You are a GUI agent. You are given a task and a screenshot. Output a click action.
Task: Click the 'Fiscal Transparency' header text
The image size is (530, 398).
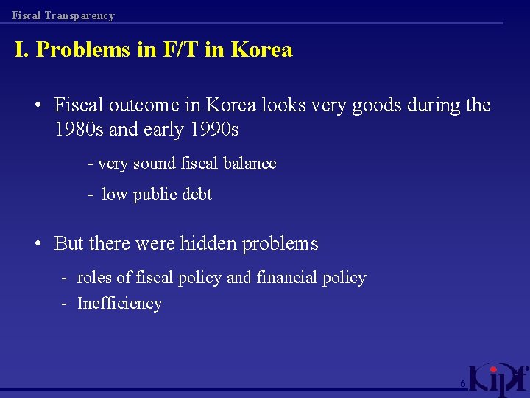pyautogui.click(x=63, y=15)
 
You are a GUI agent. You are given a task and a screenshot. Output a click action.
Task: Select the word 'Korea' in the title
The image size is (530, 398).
pyautogui.click(x=261, y=50)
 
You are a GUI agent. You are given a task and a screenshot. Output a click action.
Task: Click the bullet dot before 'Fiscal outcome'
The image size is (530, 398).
pyautogui.click(x=37, y=105)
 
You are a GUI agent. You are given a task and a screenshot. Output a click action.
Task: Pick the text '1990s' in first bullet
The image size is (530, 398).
pyautogui.click(x=214, y=130)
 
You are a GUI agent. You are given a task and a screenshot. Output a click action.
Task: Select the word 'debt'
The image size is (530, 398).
pyautogui.click(x=196, y=195)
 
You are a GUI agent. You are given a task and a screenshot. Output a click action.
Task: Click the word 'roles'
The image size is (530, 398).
pyautogui.click(x=94, y=278)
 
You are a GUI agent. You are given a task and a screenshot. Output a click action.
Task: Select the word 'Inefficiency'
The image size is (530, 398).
pyautogui.click(x=119, y=304)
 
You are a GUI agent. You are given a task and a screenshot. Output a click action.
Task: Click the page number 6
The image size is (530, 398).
pyautogui.click(x=462, y=384)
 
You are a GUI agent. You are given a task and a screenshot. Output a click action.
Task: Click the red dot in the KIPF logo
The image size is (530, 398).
pyautogui.click(x=494, y=369)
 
